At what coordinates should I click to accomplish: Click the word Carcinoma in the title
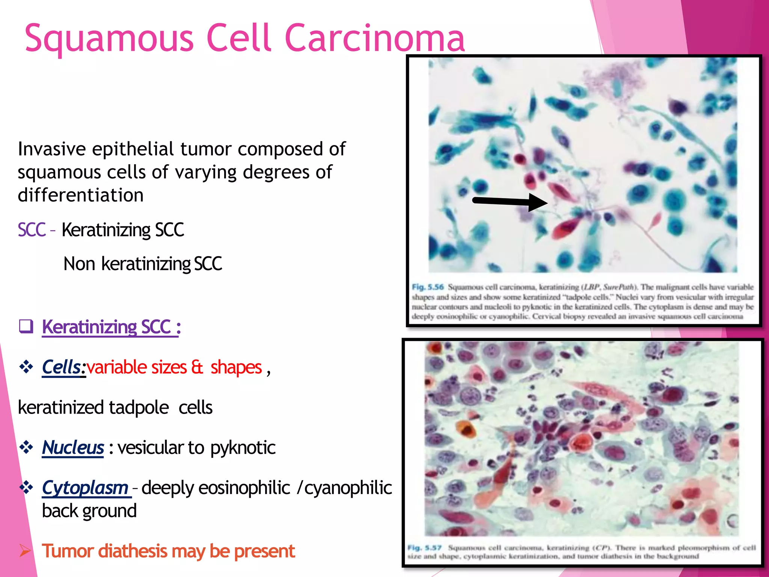click(374, 38)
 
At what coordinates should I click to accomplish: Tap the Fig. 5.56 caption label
click(428, 287)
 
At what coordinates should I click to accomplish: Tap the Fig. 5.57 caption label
click(424, 548)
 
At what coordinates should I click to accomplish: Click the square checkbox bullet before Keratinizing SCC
click(26, 326)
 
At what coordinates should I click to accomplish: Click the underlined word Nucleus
click(73, 447)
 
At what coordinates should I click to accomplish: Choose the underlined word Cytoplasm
click(86, 488)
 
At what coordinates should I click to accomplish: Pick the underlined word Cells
click(62, 367)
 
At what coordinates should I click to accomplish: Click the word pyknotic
click(243, 447)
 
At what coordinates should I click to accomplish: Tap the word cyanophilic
click(348, 488)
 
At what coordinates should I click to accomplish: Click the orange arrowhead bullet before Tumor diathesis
click(25, 551)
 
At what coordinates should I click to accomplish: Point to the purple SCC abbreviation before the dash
click(32, 230)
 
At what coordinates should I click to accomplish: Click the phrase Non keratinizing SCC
click(143, 263)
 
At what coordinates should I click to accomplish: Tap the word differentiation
click(81, 195)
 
